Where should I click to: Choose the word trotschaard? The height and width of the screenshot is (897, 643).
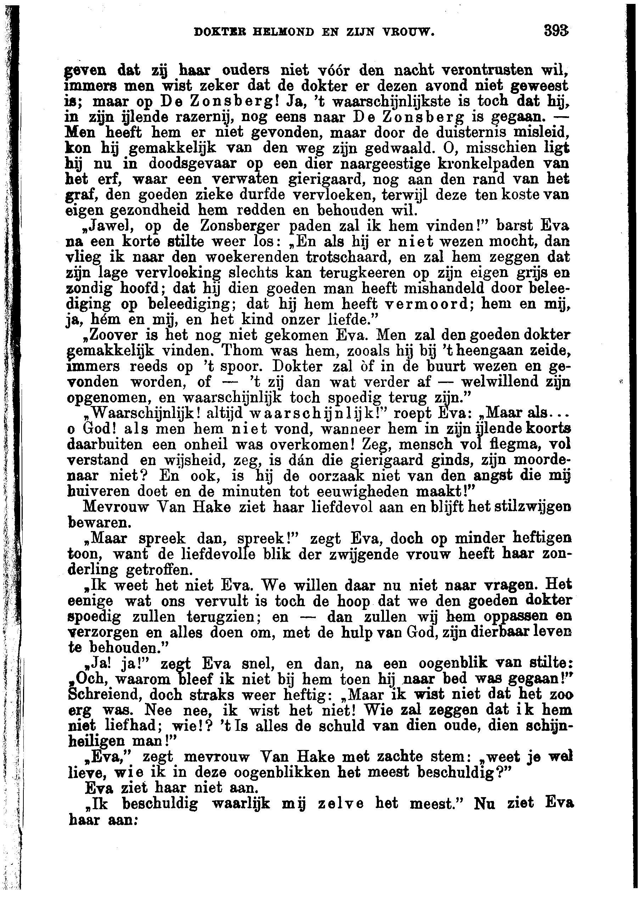tap(348, 257)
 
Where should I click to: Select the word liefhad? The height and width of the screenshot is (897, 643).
tap(135, 726)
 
